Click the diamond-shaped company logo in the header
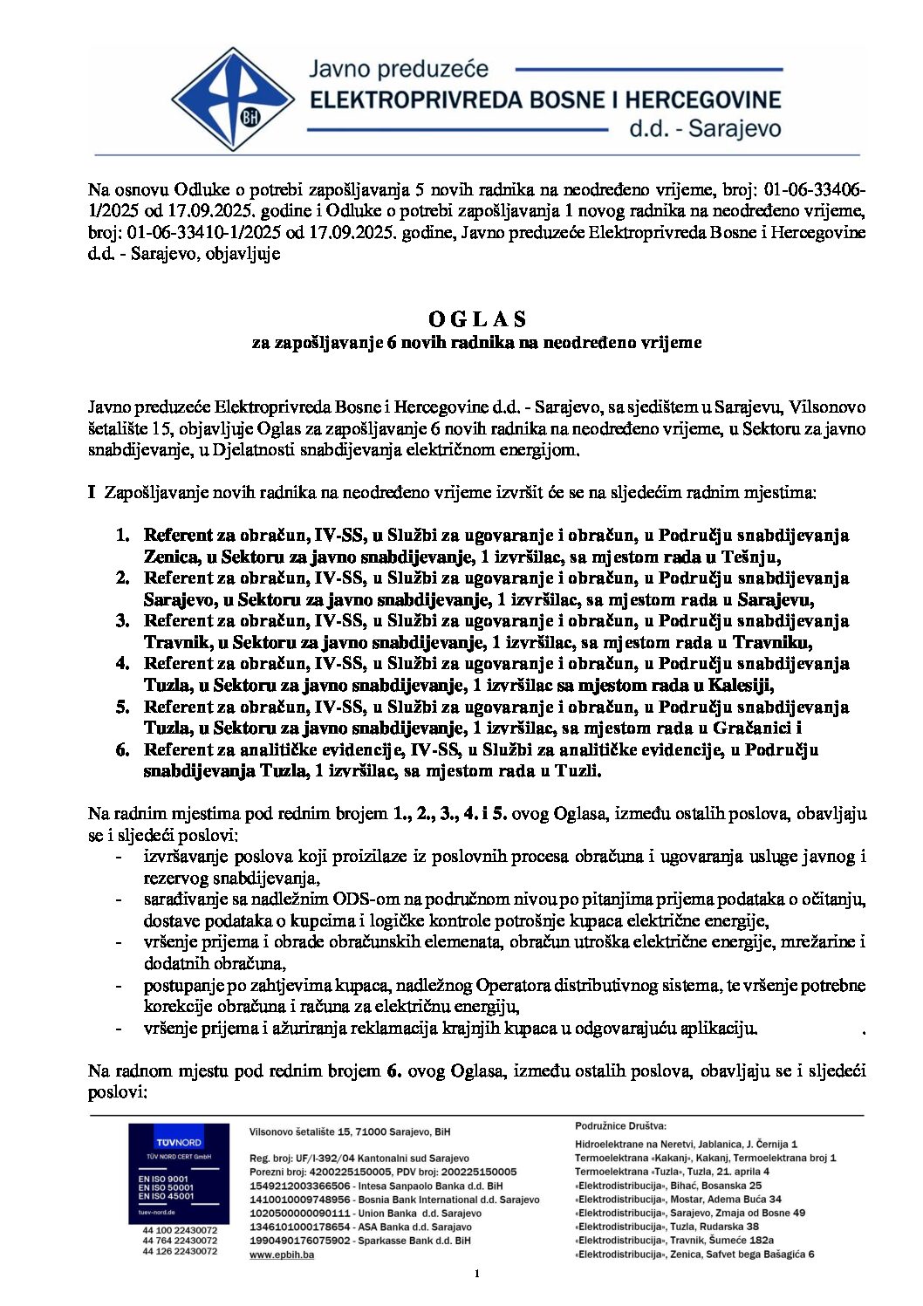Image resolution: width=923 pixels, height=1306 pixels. [232, 99]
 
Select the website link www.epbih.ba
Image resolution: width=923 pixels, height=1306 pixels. [282, 1255]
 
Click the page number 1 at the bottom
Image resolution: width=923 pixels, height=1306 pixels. [476, 1275]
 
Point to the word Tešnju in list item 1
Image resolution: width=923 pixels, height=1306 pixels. [754, 557]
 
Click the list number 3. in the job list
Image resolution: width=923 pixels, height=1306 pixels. [122, 621]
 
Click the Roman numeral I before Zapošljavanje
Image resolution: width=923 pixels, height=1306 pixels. [91, 493]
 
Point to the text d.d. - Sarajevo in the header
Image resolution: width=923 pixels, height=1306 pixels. [705, 129]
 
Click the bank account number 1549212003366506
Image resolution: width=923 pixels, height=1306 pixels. [299, 1186]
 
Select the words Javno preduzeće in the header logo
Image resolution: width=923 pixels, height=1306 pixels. [399, 69]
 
